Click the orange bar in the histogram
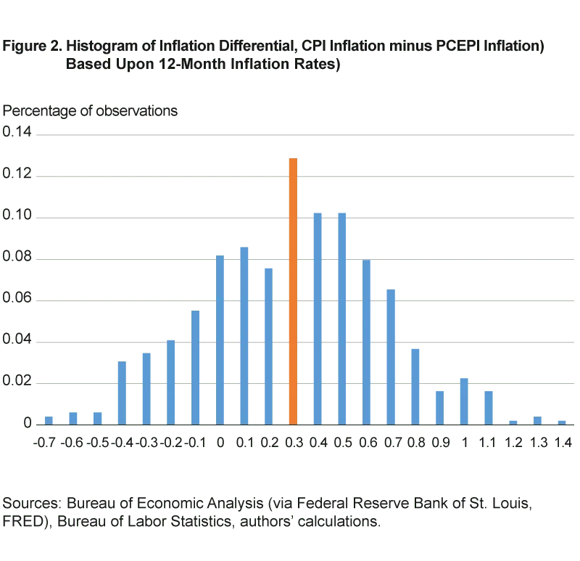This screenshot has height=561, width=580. pos(293,290)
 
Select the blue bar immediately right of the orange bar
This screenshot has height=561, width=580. pos(318,316)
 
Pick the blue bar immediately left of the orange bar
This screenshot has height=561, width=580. pos(268,345)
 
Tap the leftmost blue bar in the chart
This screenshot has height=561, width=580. pos(49,419)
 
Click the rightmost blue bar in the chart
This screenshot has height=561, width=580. pos(562,421)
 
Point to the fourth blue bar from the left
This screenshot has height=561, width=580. pos(122,392)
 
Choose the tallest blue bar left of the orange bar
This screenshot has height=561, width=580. pos(244,334)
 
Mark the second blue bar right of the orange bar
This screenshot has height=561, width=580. pos(341,316)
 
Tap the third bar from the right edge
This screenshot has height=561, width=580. pos(514,421)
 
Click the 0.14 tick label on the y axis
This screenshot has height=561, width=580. pos(17,132)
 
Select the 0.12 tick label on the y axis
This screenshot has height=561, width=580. pos(17,173)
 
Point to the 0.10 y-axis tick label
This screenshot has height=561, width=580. pos(17,214)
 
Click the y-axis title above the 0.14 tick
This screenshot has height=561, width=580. pos(91,110)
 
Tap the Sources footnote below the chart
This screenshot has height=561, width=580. pos(268,512)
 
